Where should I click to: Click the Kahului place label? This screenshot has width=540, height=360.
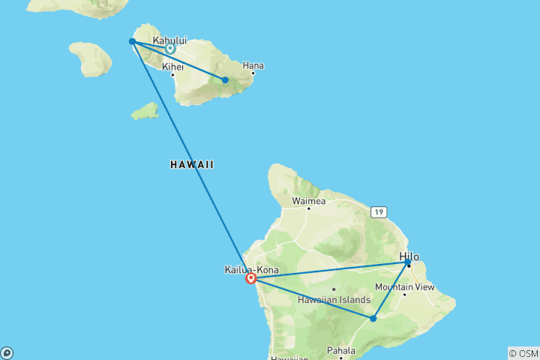click(169, 40)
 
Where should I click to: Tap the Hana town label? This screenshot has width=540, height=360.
click(253, 66)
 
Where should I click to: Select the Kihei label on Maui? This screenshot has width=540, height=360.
click(172, 66)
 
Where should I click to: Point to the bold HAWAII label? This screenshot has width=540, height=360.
click(192, 164)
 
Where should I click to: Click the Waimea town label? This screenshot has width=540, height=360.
click(307, 200)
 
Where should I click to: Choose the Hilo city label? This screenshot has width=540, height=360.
click(409, 256)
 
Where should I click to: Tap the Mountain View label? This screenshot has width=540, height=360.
click(405, 286)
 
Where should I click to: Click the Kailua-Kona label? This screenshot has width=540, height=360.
click(250, 269)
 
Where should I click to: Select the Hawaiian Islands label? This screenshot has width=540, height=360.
click(334, 299)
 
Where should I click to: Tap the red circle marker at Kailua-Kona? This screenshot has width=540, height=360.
click(251, 279)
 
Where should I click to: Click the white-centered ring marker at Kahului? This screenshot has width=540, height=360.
click(170, 49)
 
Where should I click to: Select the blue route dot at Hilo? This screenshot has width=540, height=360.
click(408, 263)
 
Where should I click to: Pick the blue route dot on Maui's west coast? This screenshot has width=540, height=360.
click(132, 41)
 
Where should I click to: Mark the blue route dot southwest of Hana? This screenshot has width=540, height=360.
click(225, 80)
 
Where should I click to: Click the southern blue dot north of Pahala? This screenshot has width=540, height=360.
click(373, 319)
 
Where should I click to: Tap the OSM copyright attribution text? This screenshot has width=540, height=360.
click(523, 352)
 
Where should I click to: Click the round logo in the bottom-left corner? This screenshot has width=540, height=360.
click(7, 352)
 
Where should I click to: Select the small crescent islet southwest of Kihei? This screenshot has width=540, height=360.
click(145, 112)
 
